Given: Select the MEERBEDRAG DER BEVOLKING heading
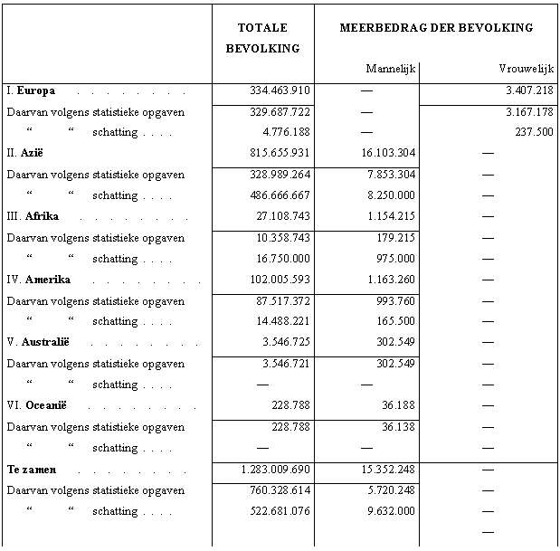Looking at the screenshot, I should [436, 27].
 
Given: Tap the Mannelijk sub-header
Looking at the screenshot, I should [390, 69].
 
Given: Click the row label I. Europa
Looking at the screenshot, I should [31, 90].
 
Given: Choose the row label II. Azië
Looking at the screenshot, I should [26, 153].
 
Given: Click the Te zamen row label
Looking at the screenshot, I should [32, 470].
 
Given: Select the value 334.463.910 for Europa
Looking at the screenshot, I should [280, 90].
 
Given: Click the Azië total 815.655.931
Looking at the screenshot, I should [280, 153].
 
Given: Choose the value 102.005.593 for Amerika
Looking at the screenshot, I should [280, 280].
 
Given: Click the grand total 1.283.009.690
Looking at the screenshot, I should [276, 470].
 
